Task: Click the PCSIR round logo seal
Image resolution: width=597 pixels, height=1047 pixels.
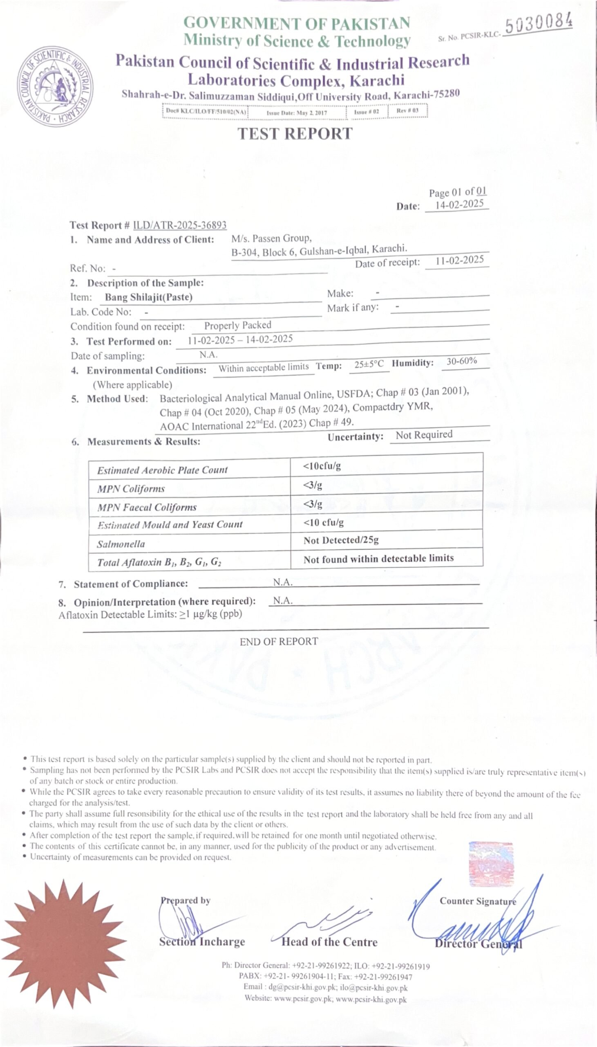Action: pos(55,86)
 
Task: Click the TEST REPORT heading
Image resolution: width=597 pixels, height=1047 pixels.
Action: pos(295,134)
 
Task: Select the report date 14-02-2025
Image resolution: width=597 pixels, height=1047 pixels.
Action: pos(459,204)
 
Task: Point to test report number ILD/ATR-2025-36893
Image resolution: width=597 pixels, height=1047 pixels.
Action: pos(180,225)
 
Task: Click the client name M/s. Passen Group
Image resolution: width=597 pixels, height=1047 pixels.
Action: pos(271,238)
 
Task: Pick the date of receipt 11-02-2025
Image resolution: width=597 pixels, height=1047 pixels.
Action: pos(459,261)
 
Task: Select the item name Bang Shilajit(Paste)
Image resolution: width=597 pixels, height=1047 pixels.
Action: pos(148,297)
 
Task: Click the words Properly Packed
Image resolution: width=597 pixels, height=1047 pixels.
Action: pos(238,325)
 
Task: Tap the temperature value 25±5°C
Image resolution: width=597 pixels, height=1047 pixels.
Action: pos(369,364)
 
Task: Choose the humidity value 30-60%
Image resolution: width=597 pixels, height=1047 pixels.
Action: pos(462,361)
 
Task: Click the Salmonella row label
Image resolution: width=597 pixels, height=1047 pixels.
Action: pos(121,544)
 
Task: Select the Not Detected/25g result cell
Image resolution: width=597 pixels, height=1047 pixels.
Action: pos(341,540)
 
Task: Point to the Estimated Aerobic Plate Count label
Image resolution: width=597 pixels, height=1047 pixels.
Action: pos(162,470)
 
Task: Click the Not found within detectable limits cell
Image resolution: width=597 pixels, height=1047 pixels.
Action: pos(378,559)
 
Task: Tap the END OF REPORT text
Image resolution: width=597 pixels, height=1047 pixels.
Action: pos(279,642)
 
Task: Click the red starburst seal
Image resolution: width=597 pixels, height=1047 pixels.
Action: pos(64,944)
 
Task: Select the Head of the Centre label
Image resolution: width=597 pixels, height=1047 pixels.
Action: pos(329,942)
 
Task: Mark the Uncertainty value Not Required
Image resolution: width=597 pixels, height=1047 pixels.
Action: pos(424,435)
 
